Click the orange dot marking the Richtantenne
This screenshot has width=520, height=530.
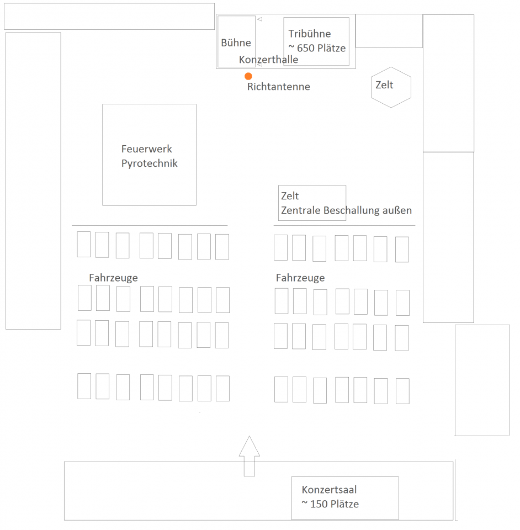point(248,76)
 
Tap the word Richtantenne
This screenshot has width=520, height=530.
point(279,87)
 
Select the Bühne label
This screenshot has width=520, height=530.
point(236,43)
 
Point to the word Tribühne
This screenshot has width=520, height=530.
point(310,34)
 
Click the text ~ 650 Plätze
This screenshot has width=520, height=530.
point(317,48)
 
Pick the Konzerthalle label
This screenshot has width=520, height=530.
point(269,60)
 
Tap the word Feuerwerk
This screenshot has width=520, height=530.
point(147,149)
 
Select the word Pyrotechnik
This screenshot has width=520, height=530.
point(150,163)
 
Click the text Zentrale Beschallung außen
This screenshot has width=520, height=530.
point(346,210)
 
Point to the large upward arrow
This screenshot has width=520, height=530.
point(250,456)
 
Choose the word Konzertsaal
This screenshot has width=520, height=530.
point(329,490)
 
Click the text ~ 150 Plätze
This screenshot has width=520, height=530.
point(330,504)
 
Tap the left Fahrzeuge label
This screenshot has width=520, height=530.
point(114,278)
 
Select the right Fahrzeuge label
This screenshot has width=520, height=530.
point(300,278)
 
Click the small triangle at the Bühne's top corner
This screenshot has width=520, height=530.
point(259,19)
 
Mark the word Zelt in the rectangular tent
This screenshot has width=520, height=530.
point(290,195)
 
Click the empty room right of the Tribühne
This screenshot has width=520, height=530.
point(389,31)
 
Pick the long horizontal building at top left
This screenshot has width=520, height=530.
point(109,16)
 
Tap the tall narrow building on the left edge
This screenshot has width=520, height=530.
point(33,181)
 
